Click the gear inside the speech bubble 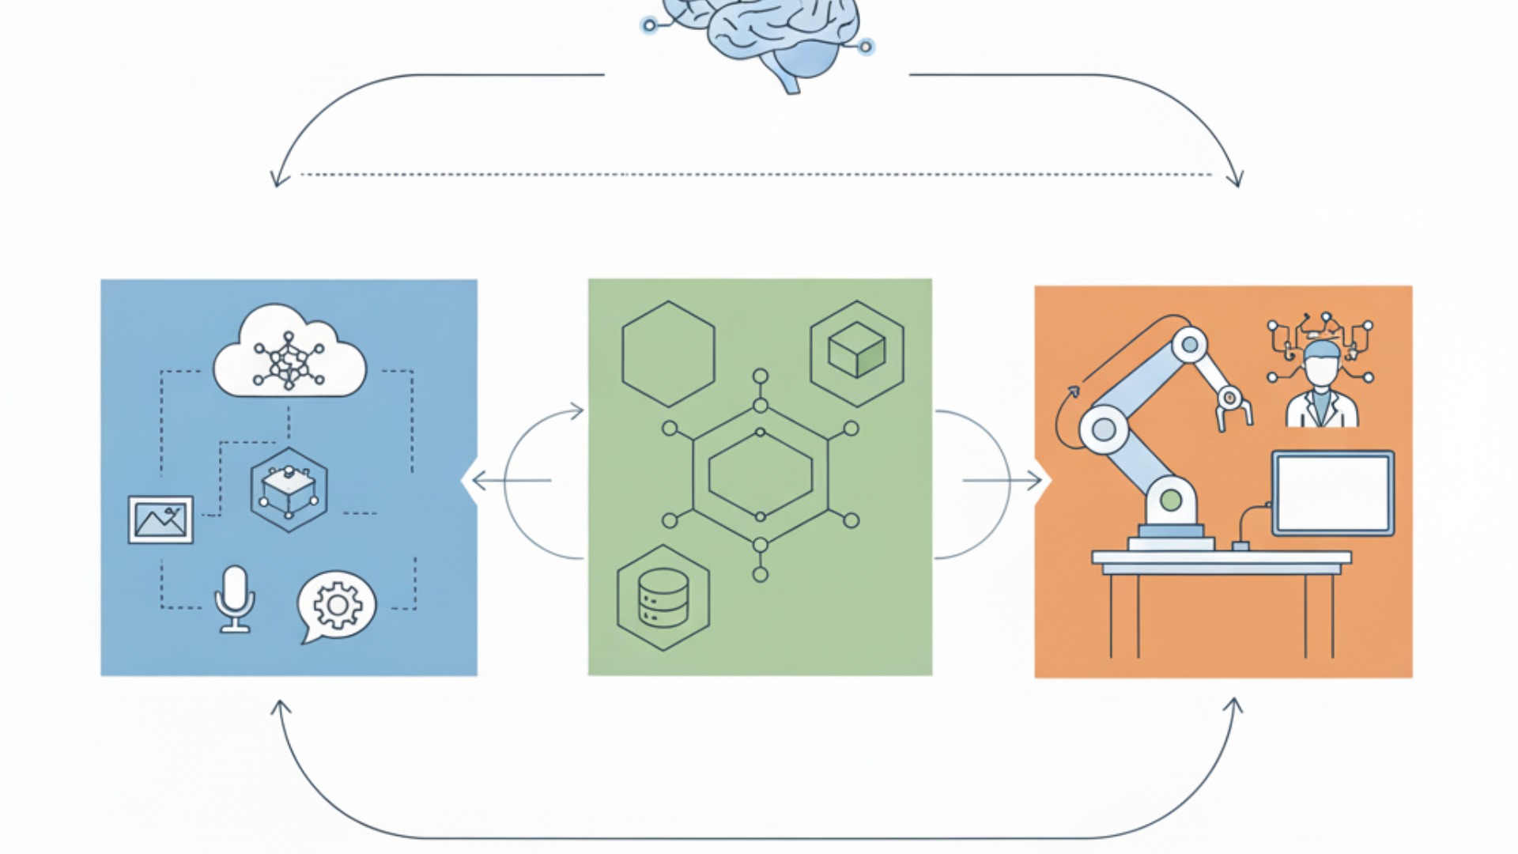tap(338, 605)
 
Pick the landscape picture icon tap(160, 520)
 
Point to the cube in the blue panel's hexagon tap(289, 490)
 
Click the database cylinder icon tap(663, 598)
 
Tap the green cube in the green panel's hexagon tap(856, 350)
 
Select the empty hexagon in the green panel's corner tap(668, 354)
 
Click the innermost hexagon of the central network tap(761, 475)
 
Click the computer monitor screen tap(1333, 493)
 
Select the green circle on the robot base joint tap(1171, 500)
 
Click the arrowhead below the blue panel tap(280, 705)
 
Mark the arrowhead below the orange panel tap(1233, 704)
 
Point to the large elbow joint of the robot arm tap(1105, 430)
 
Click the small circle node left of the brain tap(649, 25)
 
